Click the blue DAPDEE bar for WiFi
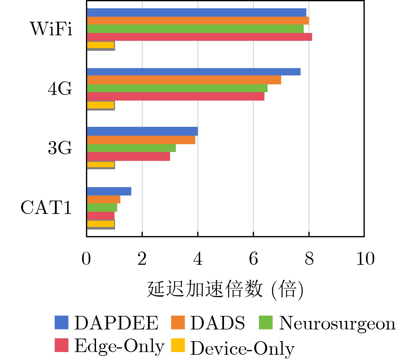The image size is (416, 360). pyautogui.click(x=197, y=13)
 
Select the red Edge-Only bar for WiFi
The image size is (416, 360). pyautogui.click(x=200, y=37)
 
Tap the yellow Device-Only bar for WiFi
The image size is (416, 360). pyautogui.click(x=101, y=45)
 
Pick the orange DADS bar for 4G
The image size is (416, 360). pyautogui.click(x=184, y=80)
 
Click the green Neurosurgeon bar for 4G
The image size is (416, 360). pyautogui.click(x=177, y=88)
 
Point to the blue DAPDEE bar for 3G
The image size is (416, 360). pyautogui.click(x=142, y=131)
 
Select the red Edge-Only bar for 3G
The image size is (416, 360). pyautogui.click(x=129, y=157)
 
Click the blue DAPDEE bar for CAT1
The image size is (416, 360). pyautogui.click(x=109, y=191)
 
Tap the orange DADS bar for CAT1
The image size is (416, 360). pyautogui.click(x=104, y=199)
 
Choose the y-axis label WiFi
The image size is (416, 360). pyautogui.click(x=51, y=29)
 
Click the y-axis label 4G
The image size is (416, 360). pyautogui.click(x=60, y=88)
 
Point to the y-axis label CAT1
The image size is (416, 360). pyautogui.click(x=46, y=207)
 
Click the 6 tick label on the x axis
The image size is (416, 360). pyautogui.click(x=253, y=259)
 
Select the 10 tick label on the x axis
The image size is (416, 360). pyautogui.click(x=365, y=259)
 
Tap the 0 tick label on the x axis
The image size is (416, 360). pyautogui.click(x=86, y=259)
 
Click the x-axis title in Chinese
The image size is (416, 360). pyautogui.click(x=225, y=289)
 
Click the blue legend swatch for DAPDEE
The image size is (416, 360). pyautogui.click(x=61, y=322)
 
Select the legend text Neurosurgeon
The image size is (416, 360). pyautogui.click(x=337, y=323)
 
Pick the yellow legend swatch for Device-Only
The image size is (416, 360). pyautogui.click(x=178, y=345)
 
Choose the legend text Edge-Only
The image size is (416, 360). pyautogui.click(x=119, y=346)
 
